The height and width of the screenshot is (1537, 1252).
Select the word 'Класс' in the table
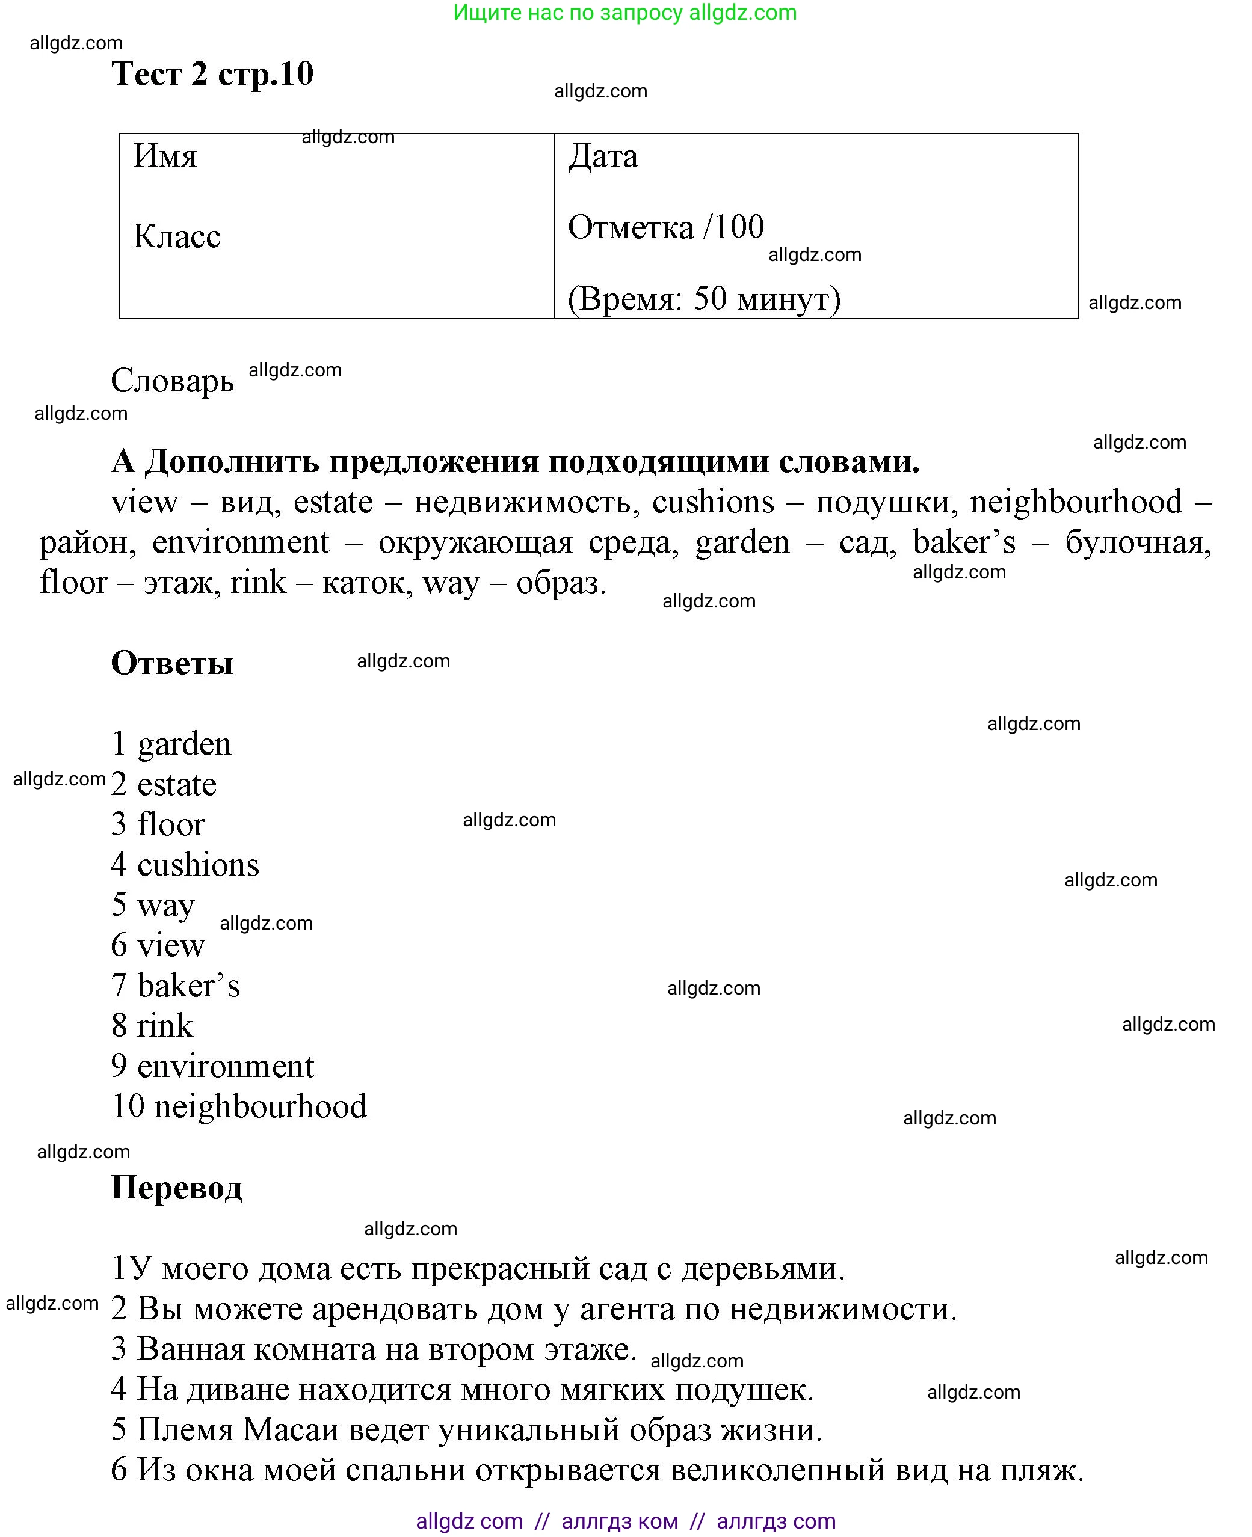177,236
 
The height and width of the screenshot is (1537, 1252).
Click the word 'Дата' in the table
603,156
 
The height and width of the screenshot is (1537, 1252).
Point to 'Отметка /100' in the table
665,227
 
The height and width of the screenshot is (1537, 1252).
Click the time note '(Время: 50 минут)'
704,298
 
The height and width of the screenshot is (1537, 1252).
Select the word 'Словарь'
172,381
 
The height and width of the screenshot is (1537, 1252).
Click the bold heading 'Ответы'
171,663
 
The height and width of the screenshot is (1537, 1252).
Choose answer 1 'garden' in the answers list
184,744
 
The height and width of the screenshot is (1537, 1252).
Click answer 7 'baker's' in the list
188,986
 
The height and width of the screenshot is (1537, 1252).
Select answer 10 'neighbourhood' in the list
260,1106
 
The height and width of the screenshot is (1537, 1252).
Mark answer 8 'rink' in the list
165,1026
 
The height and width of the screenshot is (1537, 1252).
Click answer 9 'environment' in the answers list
225,1067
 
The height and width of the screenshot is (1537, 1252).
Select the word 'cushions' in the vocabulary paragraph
712,502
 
